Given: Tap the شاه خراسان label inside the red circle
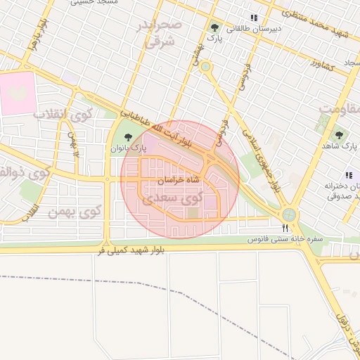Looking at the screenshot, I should coord(179,180).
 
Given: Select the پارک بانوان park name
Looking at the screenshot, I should coord(128,149).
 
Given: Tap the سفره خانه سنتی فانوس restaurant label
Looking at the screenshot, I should coord(284,240).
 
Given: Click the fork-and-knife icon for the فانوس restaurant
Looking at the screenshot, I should coord(285,228).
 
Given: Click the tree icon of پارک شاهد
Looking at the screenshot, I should coord(339,134).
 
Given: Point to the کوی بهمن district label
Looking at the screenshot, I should coord(75,210).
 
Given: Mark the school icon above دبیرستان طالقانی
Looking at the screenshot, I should coord(253,18).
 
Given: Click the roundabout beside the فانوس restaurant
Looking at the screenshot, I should coord(288,214).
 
